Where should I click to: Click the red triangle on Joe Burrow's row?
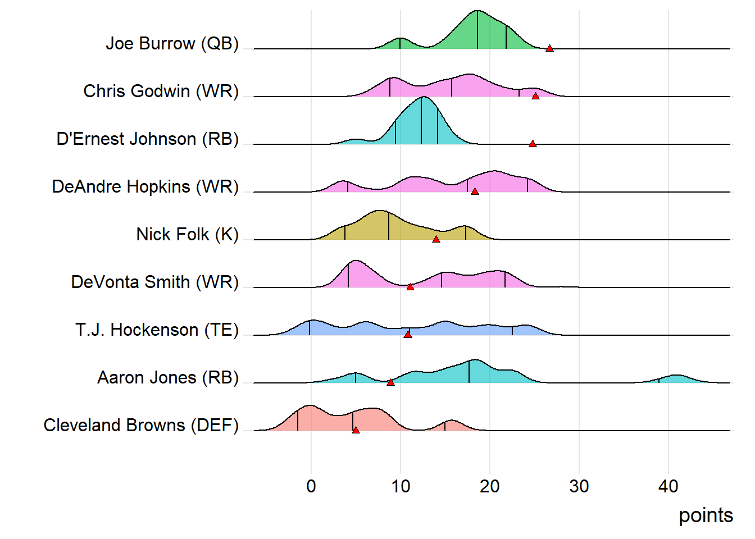coord(549,49)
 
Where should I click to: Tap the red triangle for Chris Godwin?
coord(535,97)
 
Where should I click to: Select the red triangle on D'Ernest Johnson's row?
coord(533,144)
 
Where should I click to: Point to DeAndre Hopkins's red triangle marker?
coord(475,192)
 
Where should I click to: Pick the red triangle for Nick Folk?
coord(436,240)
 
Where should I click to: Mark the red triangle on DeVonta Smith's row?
coord(410,287)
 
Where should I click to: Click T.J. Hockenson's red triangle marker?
coord(408,335)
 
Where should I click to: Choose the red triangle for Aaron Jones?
coord(390,383)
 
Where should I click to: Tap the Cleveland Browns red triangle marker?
coord(356,431)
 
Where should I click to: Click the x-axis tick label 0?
coord(311,486)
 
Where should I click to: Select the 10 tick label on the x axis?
coord(401,486)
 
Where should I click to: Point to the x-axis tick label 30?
coord(579,486)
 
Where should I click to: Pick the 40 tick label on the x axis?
coord(668,486)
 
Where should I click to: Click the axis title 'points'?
coord(706,515)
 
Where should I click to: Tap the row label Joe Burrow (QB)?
coord(172,43)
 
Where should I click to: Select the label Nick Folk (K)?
coord(188,234)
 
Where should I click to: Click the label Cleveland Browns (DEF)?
coord(141,425)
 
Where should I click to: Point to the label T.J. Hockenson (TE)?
coord(157,330)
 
